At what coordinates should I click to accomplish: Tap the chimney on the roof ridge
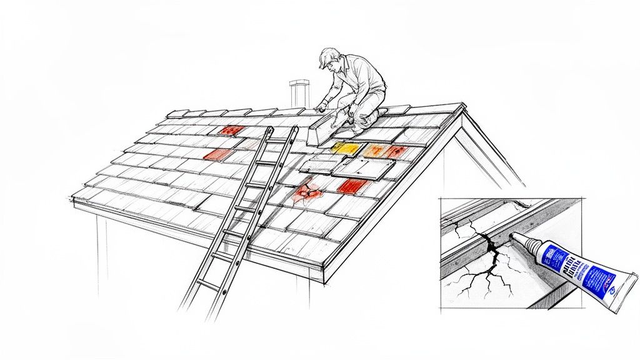tap(299, 94)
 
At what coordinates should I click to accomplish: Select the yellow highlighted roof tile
tap(346, 148)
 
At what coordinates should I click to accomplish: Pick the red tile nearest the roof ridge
tap(231, 130)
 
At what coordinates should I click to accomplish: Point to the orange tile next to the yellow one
tap(376, 150)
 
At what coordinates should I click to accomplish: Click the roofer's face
tap(329, 65)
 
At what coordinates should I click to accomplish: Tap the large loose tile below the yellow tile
tap(362, 167)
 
